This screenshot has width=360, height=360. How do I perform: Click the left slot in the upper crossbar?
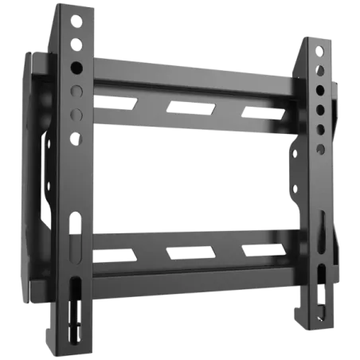click(x=112, y=101)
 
